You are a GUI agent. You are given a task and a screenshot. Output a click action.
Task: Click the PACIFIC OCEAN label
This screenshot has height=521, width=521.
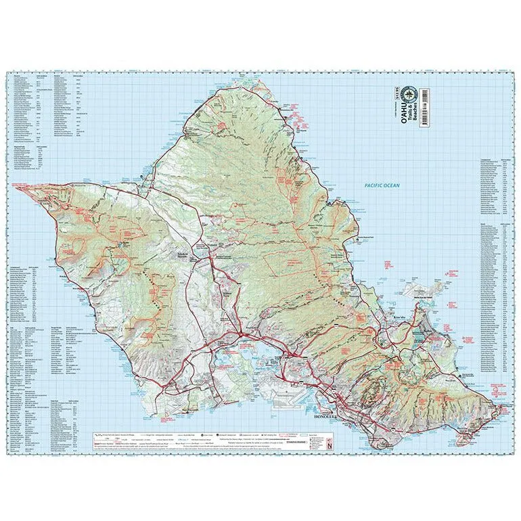click(382, 185)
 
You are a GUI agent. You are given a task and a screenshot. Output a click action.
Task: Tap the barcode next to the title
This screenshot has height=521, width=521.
click(424, 108)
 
